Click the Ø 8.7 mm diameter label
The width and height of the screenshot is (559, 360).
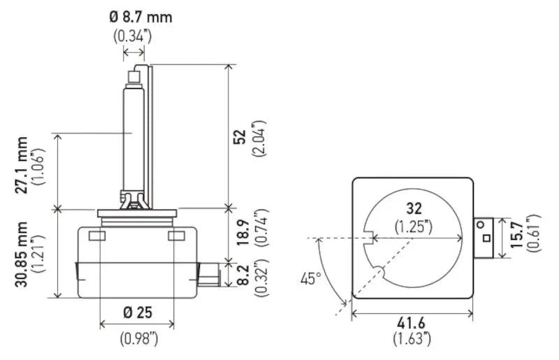141,17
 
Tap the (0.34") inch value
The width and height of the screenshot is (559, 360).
133,36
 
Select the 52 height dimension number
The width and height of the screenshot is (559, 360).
240,136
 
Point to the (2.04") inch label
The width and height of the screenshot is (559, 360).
259,138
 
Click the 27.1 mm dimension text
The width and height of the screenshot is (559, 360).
22,165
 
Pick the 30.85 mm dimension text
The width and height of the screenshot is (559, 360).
22,254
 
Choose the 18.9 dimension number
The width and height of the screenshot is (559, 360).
243,233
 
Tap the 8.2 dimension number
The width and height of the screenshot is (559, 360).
243,275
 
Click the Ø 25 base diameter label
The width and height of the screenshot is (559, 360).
138,312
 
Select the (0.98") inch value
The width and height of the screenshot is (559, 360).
138,338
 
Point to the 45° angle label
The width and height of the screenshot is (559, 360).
310,279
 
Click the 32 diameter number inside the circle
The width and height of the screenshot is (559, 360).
414,208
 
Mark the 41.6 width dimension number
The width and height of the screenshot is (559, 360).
412,323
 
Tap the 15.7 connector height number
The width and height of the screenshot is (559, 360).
516,234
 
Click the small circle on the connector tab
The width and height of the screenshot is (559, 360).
481,225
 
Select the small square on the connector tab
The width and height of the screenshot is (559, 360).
486,238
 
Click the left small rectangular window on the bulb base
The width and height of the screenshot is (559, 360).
97,236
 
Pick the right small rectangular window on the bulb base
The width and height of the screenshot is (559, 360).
177,236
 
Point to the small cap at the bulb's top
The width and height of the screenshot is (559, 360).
134,77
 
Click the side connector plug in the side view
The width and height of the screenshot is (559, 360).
208,275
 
